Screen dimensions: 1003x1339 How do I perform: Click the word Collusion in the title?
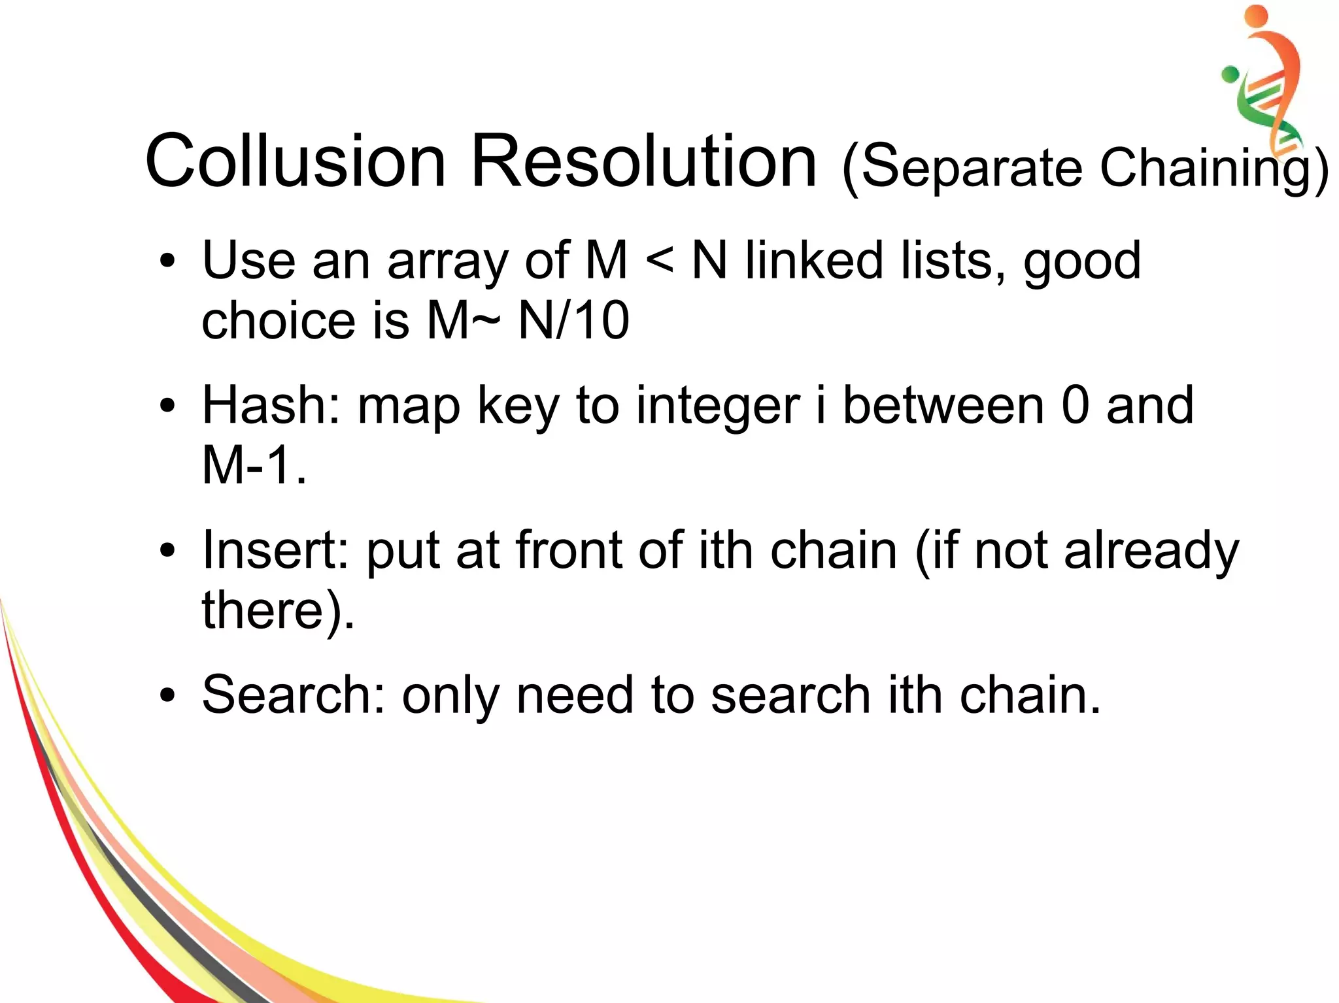coord(296,161)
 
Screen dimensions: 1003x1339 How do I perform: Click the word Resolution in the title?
coord(643,161)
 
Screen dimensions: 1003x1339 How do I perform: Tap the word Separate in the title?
coord(972,169)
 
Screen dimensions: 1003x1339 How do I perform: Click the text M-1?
coord(254,465)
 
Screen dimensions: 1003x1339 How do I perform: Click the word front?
coord(568,550)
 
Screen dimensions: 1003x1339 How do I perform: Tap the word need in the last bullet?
coord(575,695)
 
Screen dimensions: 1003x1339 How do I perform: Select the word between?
coord(943,406)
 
